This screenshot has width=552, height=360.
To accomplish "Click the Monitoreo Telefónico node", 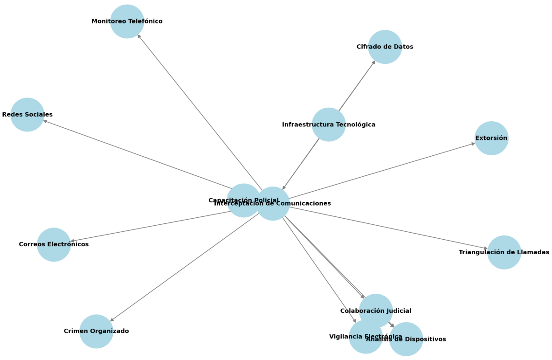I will click(127, 21).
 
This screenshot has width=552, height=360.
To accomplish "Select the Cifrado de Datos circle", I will click(385, 47).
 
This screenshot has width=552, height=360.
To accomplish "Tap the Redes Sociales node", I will click(27, 115).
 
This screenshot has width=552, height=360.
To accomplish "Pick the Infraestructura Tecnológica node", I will click(329, 125).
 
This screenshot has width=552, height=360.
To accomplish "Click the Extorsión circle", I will click(491, 138).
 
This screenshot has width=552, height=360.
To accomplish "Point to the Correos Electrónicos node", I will click(54, 244).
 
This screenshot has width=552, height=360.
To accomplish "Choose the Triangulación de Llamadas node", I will click(504, 252).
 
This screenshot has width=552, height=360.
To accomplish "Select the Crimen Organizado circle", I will click(96, 331).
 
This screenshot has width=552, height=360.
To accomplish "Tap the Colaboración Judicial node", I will click(375, 311).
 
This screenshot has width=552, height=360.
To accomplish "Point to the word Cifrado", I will click(369, 47).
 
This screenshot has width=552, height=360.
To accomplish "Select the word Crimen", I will click(76, 331).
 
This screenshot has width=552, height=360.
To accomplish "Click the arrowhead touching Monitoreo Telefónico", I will click(138, 36).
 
